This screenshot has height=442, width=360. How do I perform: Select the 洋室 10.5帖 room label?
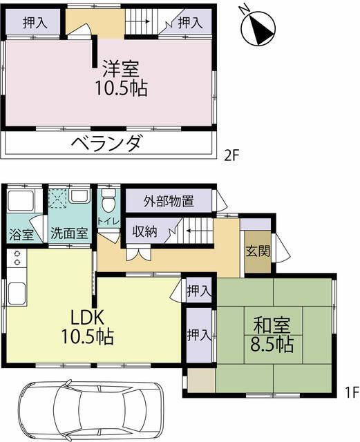[x=122, y=78]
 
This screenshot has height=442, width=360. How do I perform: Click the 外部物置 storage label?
[x=169, y=202]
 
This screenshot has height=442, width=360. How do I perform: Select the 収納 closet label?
[x=144, y=231]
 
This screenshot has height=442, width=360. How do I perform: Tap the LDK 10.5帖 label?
[x=88, y=327]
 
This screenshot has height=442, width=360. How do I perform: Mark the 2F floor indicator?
[x=231, y=155]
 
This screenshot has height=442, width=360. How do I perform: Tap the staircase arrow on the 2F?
[x=142, y=21]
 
